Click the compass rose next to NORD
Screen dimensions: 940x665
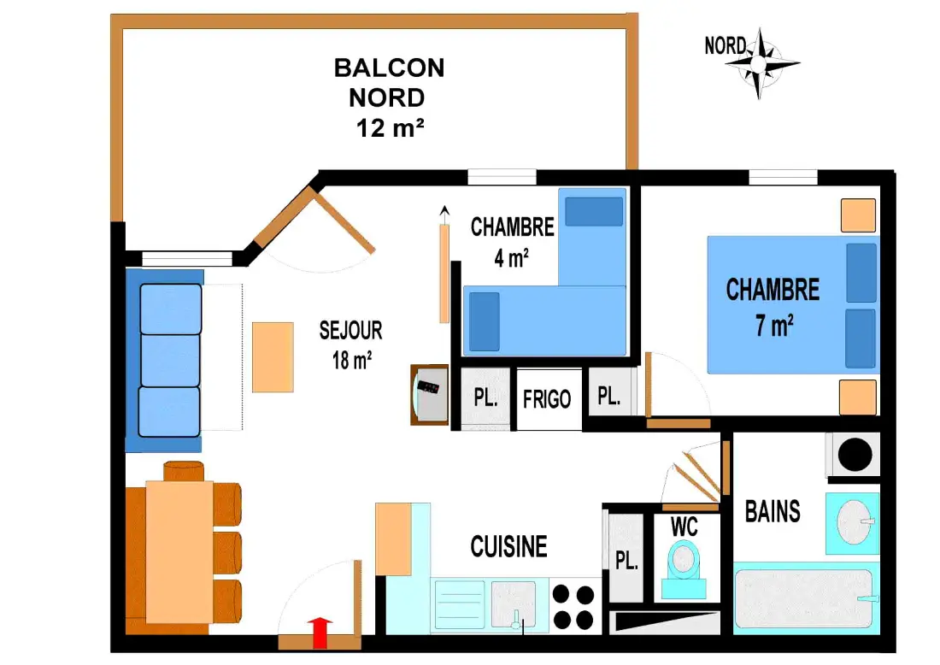pyautogui.click(x=761, y=63)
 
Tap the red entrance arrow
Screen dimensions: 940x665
pyautogui.click(x=320, y=633)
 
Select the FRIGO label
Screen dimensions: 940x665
pyautogui.click(x=547, y=399)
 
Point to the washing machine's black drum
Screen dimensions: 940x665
pyautogui.click(x=855, y=454)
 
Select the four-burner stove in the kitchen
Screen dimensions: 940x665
pyautogui.click(x=573, y=607)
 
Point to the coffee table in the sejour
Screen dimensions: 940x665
pyautogui.click(x=273, y=357)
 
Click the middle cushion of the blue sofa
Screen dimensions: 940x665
pyautogui.click(x=170, y=361)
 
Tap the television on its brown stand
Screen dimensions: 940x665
pyautogui.click(x=429, y=395)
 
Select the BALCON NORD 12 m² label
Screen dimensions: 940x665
pyautogui.click(x=389, y=97)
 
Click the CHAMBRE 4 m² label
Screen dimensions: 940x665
pyautogui.click(x=512, y=242)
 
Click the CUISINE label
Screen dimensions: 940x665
pyautogui.click(x=509, y=547)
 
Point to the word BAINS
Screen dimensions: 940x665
pyautogui.click(x=773, y=511)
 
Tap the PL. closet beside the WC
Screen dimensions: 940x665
pyautogui.click(x=626, y=558)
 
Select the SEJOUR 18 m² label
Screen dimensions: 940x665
pyautogui.click(x=351, y=344)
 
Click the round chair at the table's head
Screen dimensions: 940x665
pyautogui.click(x=184, y=471)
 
